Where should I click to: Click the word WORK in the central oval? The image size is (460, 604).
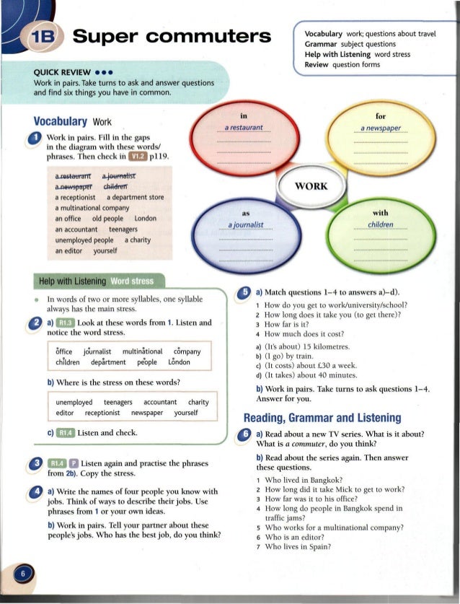pyautogui.click(x=311, y=185)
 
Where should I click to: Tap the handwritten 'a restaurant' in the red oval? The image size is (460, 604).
pyautogui.click(x=242, y=128)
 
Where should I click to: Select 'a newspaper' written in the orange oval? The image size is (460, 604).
pyautogui.click(x=381, y=128)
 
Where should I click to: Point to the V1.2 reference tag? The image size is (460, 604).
pyautogui.click(x=136, y=153)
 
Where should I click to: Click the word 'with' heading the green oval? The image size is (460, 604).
pyautogui.click(x=380, y=212)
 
